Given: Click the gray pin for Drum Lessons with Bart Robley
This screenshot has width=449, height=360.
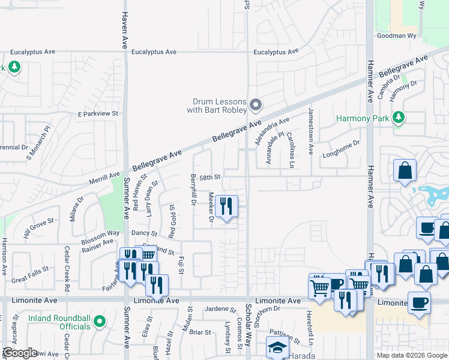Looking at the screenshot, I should coord(256,106).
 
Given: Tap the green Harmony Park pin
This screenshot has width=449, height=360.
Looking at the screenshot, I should coord(398,118).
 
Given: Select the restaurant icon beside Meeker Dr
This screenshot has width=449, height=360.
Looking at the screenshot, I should coord(226,207).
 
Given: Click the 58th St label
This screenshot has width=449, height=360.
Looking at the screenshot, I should coord(211,178).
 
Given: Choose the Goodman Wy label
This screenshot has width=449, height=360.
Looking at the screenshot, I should coord(396,36).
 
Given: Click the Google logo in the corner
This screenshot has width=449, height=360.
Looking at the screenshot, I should coord(20,353).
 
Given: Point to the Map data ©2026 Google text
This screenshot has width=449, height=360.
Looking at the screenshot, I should coord(411,355).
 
